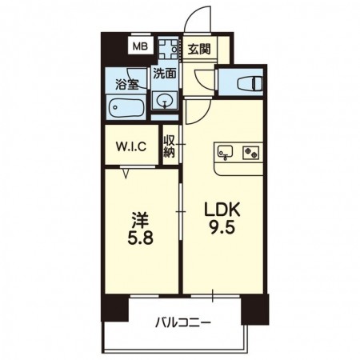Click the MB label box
(140, 47)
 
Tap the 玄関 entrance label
(199, 49)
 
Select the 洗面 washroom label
(165, 74)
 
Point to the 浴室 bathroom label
(126, 84)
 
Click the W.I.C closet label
(131, 146)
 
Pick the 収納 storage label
(169, 146)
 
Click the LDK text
(222, 210)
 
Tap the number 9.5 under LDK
(222, 228)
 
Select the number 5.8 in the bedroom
(140, 238)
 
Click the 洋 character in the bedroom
(140, 221)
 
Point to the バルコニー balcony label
(183, 323)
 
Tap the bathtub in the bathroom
(126, 107)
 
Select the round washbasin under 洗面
(164, 101)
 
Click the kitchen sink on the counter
(226, 152)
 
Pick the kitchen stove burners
(250, 153)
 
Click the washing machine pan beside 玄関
(168, 49)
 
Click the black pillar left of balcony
(115, 308)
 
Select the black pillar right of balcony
(255, 309)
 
